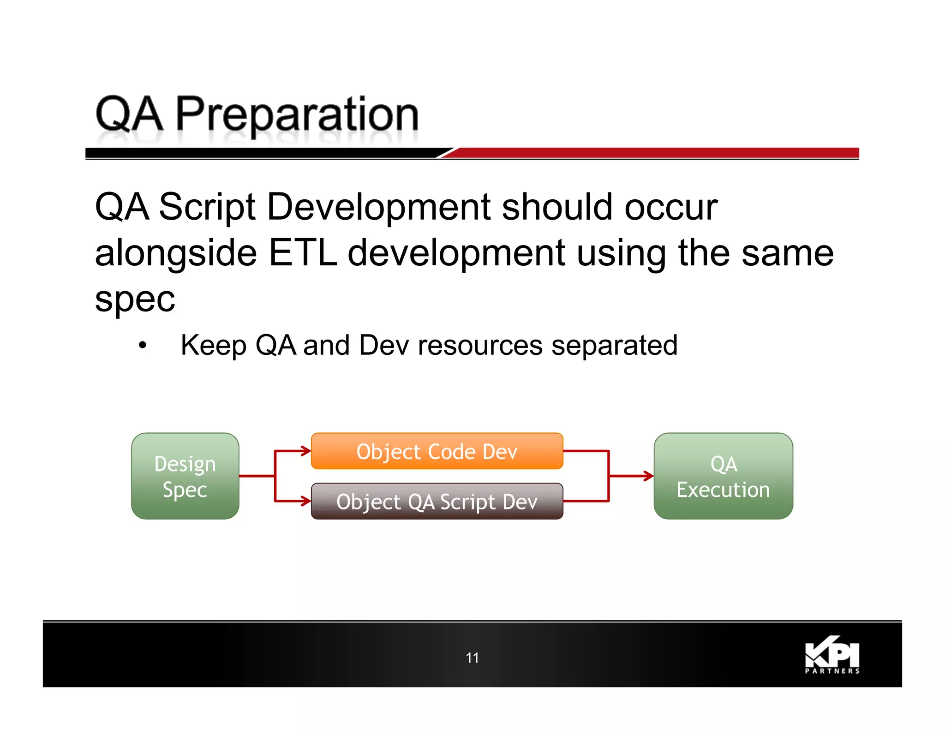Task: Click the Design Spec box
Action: tap(185, 476)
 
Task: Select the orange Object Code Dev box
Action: tap(437, 451)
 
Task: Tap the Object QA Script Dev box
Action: tap(437, 501)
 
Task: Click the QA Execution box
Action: tap(723, 476)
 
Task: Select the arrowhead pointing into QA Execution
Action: tap(649, 476)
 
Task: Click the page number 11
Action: tap(472, 658)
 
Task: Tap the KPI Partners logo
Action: tap(832, 655)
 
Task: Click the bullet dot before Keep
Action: tap(143, 345)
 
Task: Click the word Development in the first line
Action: tap(378, 207)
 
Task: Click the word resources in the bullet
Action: tap(480, 345)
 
